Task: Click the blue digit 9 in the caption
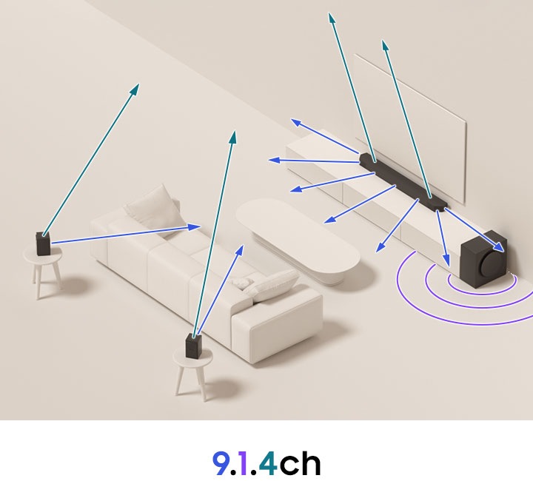pos(220,462)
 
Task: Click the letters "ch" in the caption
pos(301,462)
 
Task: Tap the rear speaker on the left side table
pos(43,243)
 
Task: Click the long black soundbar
pos(403,181)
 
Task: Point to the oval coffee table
pos(296,237)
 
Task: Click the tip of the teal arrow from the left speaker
pos(136,86)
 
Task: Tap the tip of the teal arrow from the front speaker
pos(234,134)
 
